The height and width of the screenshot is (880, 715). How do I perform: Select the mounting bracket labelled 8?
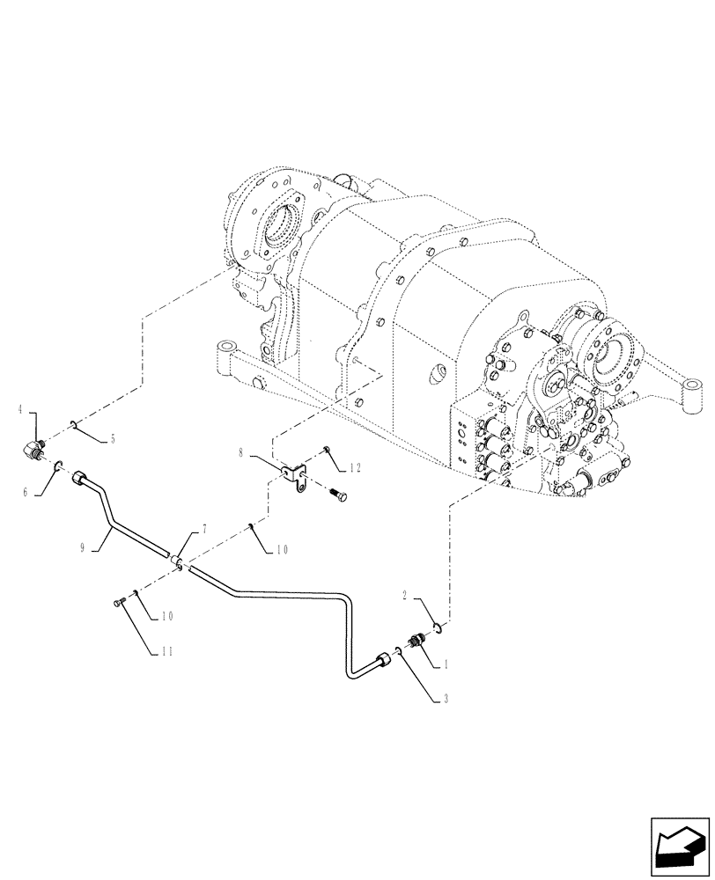pos(295,476)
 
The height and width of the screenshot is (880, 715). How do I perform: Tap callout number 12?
pos(356,466)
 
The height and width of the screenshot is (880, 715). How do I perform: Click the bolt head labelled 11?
pos(120,603)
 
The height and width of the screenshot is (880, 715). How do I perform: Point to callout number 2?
pos(405,596)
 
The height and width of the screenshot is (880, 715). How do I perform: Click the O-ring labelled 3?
pos(398,650)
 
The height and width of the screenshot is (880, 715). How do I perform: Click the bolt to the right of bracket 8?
pos(336,495)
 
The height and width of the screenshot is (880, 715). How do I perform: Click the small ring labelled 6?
pos(58,466)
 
